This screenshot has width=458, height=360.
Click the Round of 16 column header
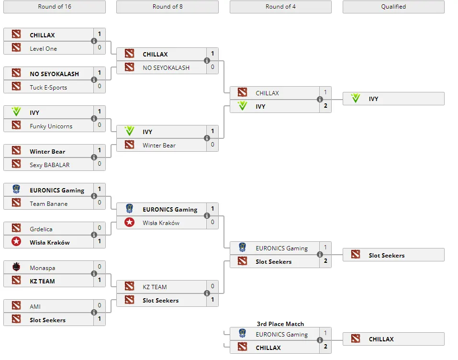tap(55, 7)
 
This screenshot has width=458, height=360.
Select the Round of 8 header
tap(168, 7)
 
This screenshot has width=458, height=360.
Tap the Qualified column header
tap(393, 7)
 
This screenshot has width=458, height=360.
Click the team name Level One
tap(43, 49)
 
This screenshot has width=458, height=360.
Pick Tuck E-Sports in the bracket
tap(48, 88)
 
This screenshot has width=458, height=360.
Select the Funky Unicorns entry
tap(51, 126)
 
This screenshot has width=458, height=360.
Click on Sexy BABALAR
tap(50, 165)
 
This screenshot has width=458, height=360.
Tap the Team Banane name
tap(48, 203)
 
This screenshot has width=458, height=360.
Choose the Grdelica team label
tap(41, 229)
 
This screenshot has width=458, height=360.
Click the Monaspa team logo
tap(16, 267)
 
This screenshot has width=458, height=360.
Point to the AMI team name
tap(35, 306)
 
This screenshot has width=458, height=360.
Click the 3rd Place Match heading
tap(280, 324)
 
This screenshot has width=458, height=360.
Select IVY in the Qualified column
tap(373, 99)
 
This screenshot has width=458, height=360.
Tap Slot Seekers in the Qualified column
tap(386, 255)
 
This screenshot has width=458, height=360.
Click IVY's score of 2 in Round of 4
tap(325, 106)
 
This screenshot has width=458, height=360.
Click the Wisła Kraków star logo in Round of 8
tap(129, 223)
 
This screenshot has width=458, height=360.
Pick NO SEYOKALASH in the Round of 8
tap(166, 68)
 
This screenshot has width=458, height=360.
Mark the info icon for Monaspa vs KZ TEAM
tap(94, 273)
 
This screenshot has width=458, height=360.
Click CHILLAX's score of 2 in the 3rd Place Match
tap(325, 347)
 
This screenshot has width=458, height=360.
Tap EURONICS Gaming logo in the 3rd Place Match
tap(242, 333)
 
